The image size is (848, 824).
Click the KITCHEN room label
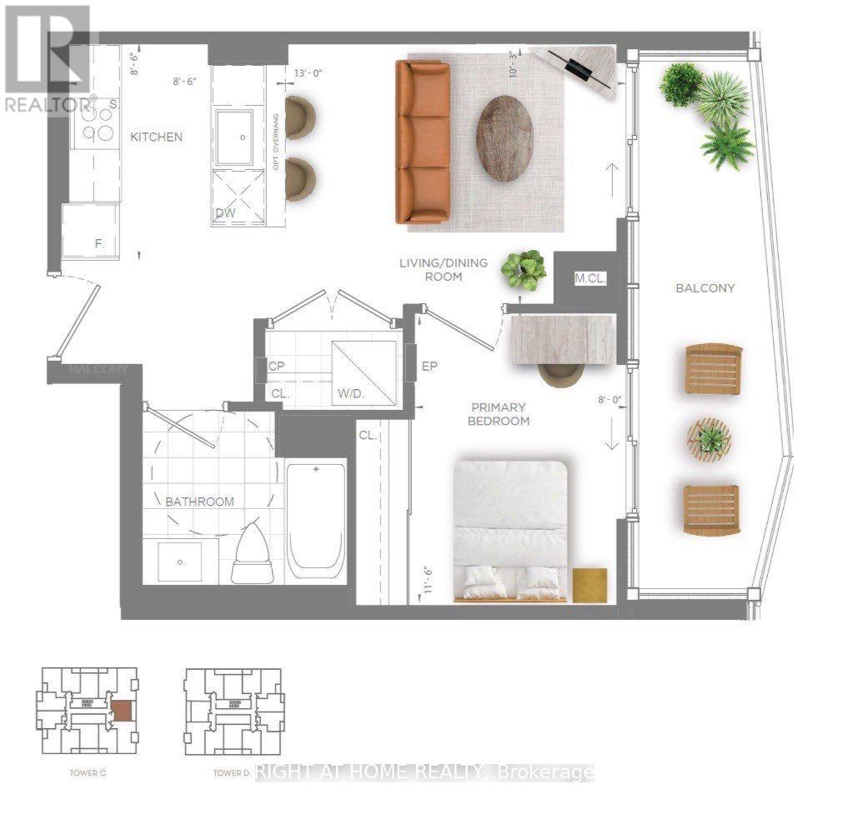(x=156, y=137)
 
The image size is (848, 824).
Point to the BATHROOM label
(x=199, y=502)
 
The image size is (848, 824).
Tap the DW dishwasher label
(x=225, y=214)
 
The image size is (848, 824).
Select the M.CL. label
(x=589, y=278)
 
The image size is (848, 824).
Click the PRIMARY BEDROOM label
(x=499, y=414)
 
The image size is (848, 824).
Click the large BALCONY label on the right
(x=705, y=288)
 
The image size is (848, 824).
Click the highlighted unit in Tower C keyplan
(x=122, y=711)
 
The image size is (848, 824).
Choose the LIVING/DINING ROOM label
(x=443, y=269)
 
